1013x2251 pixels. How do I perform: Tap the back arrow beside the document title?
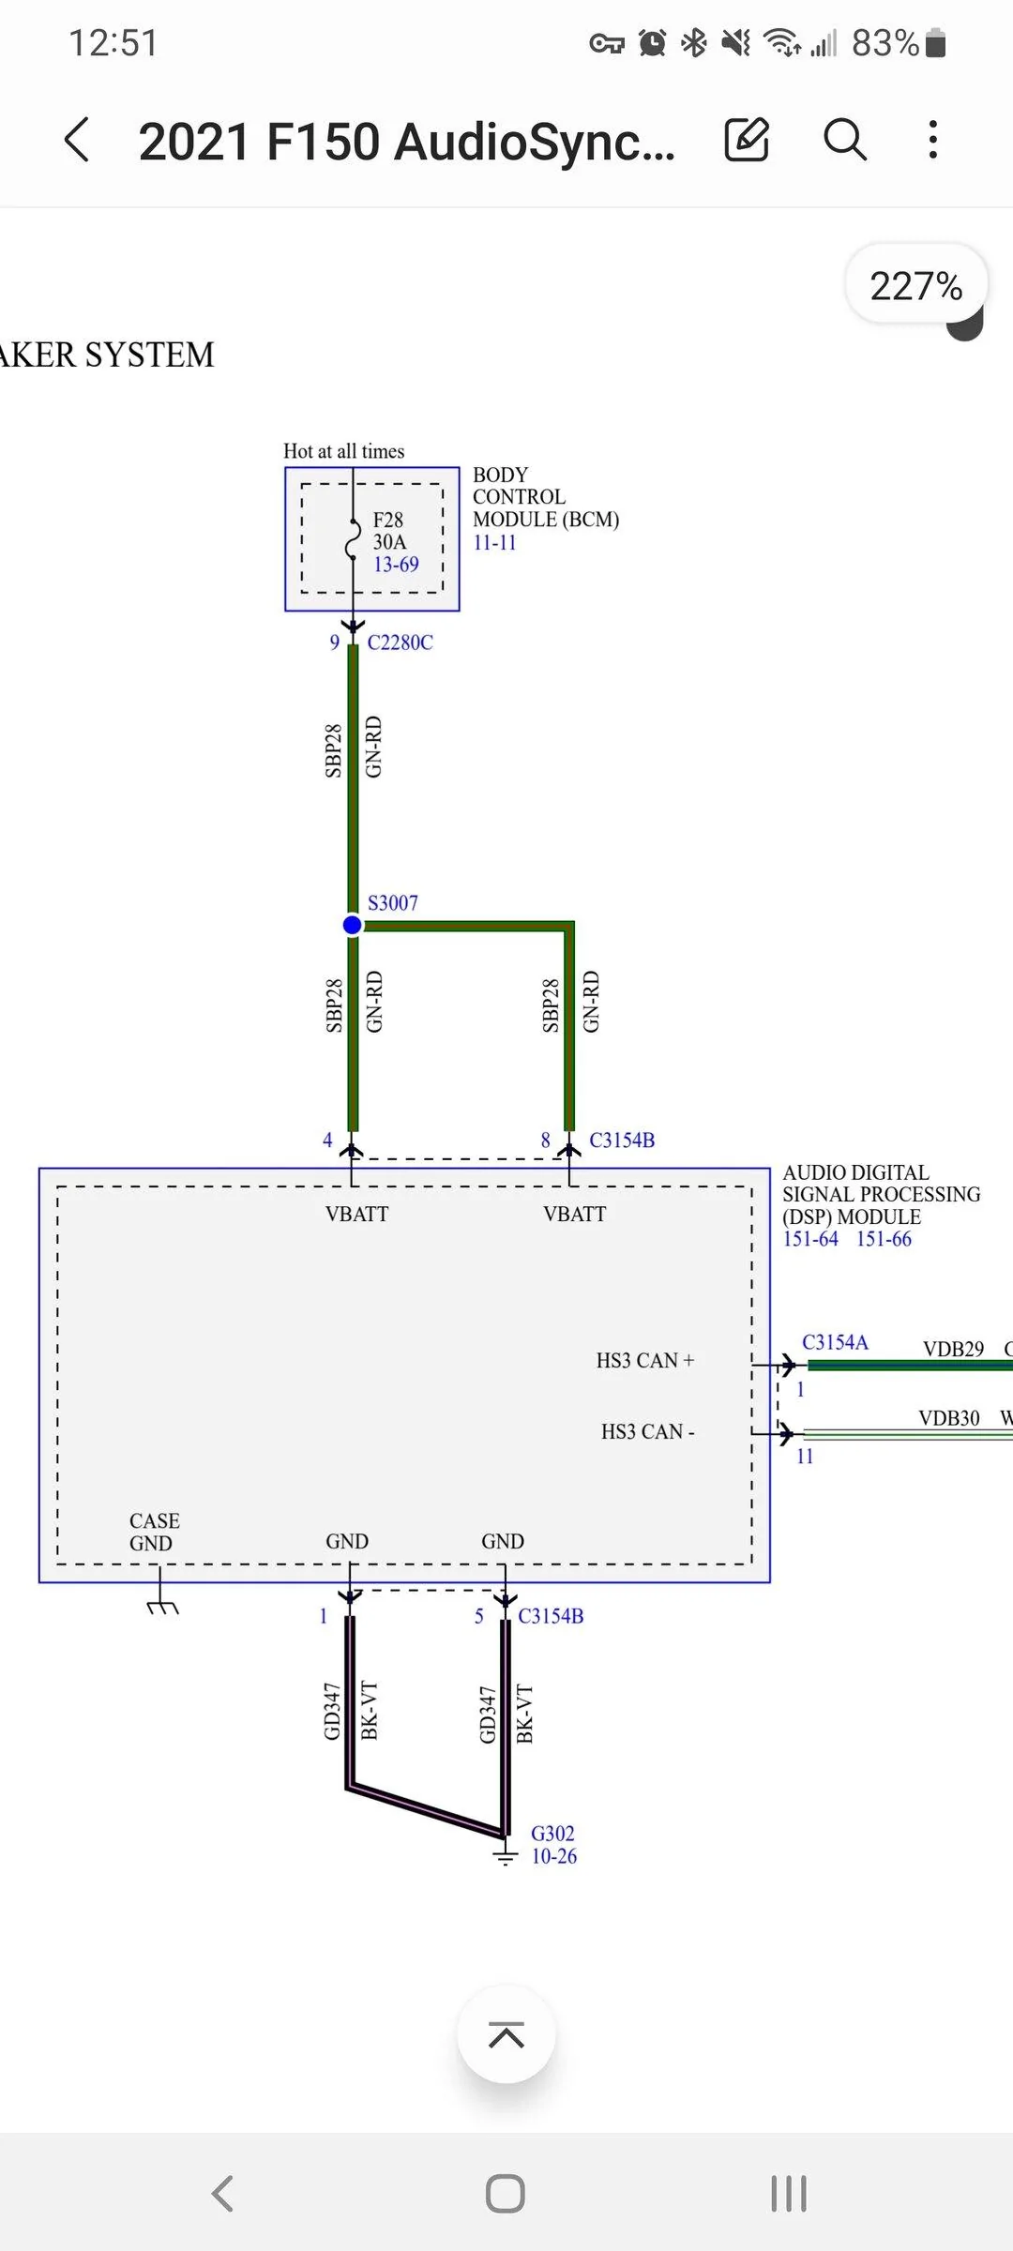[78, 141]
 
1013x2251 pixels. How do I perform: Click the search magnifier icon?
[844, 141]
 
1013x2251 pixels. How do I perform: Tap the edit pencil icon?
[747, 141]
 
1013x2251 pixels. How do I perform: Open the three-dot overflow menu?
[932, 141]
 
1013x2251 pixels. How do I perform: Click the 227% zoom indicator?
[915, 286]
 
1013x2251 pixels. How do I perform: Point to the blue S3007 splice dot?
[353, 926]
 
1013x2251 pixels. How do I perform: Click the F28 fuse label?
[388, 520]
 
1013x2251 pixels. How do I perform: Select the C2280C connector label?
[401, 642]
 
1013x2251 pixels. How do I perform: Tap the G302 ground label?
[552, 1834]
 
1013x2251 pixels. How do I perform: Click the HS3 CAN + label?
[645, 1361]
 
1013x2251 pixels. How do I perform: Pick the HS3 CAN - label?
[647, 1432]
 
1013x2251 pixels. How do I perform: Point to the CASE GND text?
[154, 1532]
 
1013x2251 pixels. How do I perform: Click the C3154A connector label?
[835, 1342]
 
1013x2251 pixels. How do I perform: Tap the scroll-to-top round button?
[506, 2034]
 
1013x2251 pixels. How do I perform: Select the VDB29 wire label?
[953, 1349]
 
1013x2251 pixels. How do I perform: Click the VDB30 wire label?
[949, 1418]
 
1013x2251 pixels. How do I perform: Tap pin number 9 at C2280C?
[334, 642]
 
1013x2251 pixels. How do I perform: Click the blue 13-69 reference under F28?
[396, 565]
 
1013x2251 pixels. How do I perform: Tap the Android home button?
[506, 2194]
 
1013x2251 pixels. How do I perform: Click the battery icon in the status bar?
[935, 43]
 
